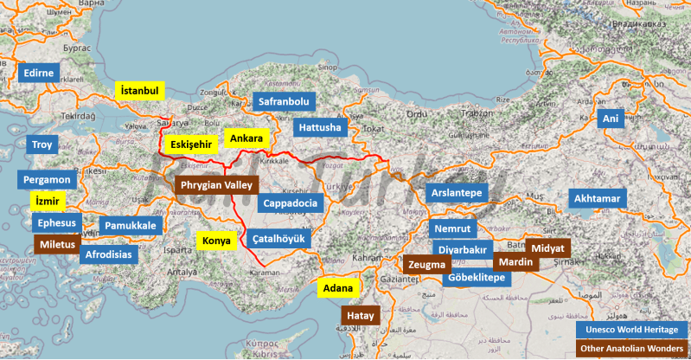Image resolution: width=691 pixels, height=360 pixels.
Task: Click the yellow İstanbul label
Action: pos(141,91)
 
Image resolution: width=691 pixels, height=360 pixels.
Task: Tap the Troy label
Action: pos(42,145)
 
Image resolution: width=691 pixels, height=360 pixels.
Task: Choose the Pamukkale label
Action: pos(131,226)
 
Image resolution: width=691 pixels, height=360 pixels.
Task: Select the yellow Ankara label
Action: pos(246,138)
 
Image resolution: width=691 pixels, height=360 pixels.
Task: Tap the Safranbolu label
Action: pos(283,102)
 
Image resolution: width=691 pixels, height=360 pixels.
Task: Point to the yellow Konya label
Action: pos(216,241)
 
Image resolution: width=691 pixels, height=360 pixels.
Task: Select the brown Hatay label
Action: pos(360,317)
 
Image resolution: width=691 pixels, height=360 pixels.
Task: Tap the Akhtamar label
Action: pos(597,199)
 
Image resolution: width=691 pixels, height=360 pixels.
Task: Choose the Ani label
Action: pos(611,119)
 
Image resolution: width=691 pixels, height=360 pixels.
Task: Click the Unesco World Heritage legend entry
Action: pos(630,331)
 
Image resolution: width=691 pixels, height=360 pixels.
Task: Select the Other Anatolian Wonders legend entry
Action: pos(630,349)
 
